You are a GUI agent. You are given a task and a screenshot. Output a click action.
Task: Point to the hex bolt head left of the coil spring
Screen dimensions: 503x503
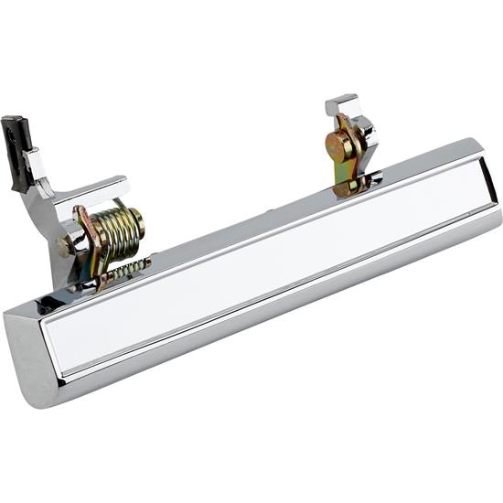(65, 245)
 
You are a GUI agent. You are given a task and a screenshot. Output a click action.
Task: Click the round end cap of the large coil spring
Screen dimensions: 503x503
(136, 219)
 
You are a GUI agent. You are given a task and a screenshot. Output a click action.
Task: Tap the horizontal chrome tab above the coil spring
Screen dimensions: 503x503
(101, 189)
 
